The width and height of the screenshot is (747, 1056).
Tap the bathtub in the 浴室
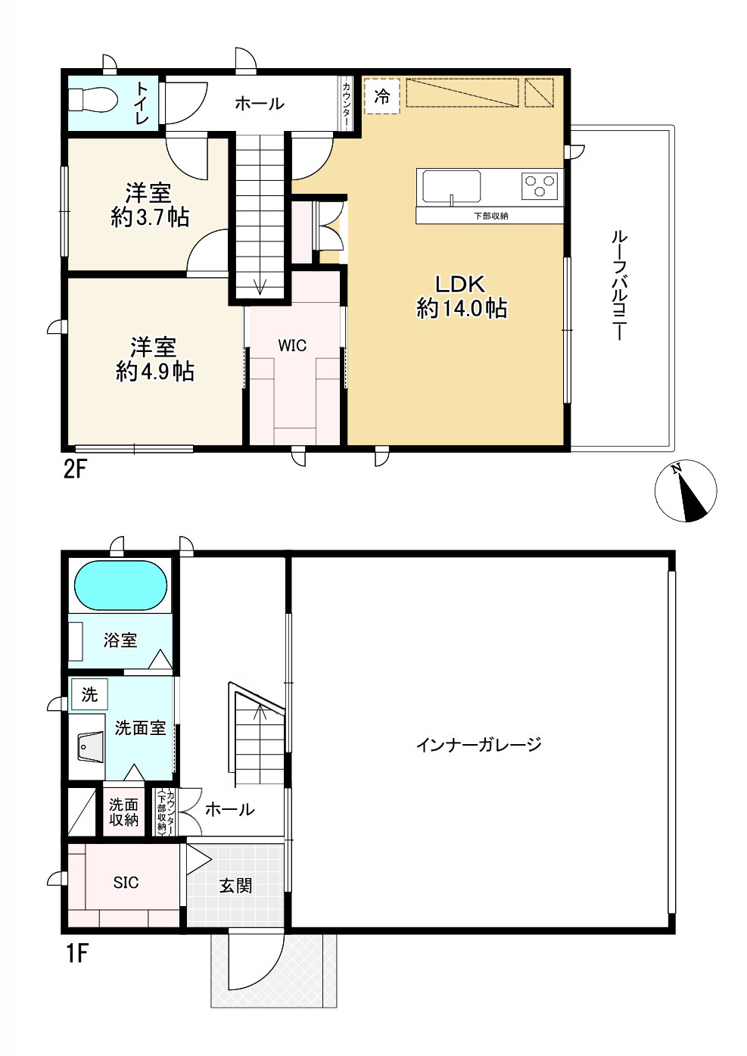(x=120, y=585)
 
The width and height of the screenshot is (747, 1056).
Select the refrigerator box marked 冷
(x=382, y=97)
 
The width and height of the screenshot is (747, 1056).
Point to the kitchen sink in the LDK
(x=451, y=186)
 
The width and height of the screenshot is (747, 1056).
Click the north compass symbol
(x=685, y=491)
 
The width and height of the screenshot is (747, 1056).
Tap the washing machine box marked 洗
(x=89, y=695)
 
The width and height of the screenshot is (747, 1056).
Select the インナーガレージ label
(x=478, y=745)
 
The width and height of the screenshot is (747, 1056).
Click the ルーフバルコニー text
(x=618, y=285)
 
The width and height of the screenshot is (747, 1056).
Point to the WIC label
(x=292, y=346)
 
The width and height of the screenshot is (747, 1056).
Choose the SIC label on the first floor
(x=126, y=883)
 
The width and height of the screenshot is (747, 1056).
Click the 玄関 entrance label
(x=235, y=885)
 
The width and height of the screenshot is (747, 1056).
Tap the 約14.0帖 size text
(x=461, y=309)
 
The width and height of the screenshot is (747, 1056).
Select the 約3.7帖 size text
(x=150, y=218)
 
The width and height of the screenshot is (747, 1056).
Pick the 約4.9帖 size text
(x=155, y=372)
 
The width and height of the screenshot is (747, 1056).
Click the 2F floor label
(x=76, y=470)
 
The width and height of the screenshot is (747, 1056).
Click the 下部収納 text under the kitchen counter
(x=490, y=216)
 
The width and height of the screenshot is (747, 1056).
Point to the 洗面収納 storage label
(x=123, y=811)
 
